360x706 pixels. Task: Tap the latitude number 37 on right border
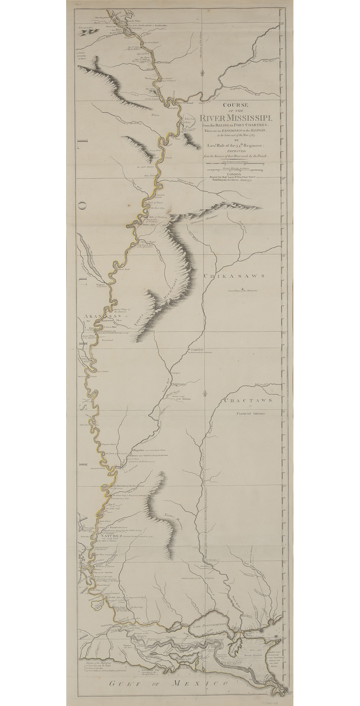pos(282,101)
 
